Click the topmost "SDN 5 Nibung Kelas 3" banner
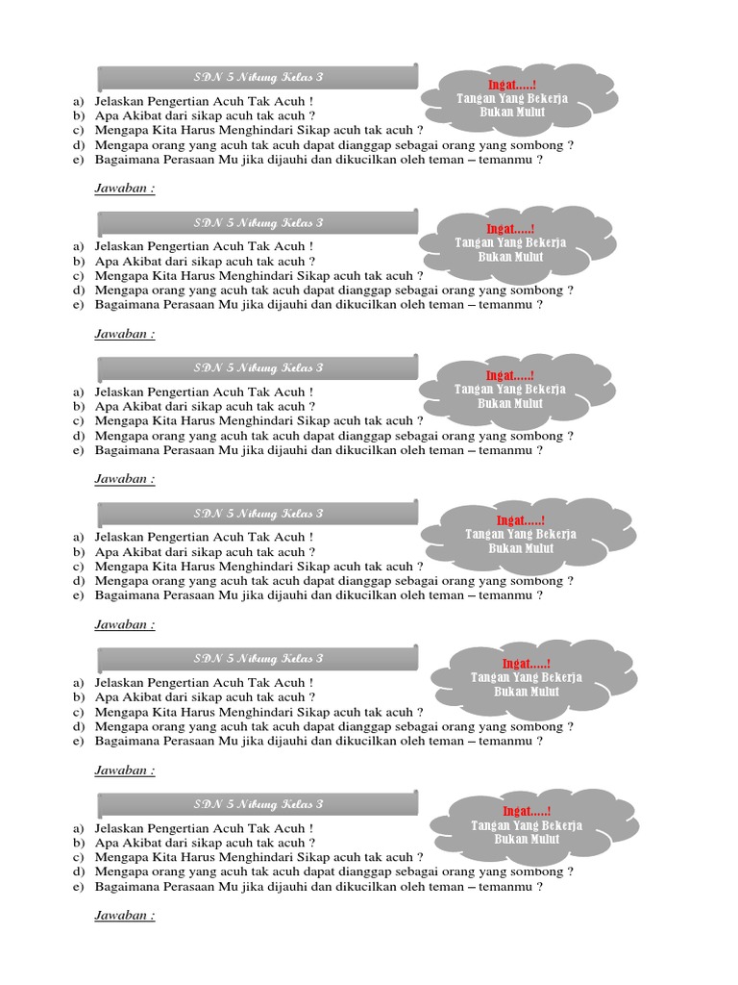tap(258, 77)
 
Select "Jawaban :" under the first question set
tap(125, 188)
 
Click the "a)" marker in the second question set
tap(78, 246)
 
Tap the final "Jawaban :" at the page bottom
tap(125, 916)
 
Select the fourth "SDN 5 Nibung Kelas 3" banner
tap(258, 513)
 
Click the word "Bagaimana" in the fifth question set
tap(126, 741)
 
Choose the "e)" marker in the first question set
tap(78, 160)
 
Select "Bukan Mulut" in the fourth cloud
tap(521, 548)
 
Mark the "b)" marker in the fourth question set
tap(78, 552)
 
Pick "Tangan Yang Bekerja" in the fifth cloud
tap(527, 677)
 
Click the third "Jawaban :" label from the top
tap(125, 479)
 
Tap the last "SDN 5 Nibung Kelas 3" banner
tap(258, 804)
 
